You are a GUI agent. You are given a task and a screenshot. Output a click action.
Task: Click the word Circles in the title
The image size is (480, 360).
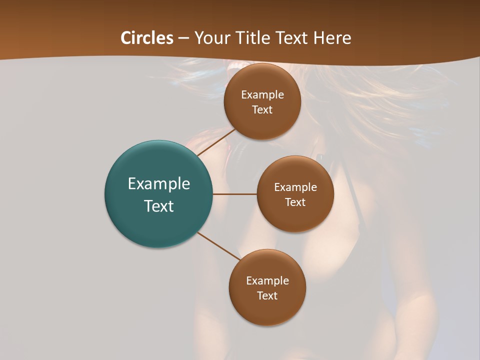[x=146, y=38]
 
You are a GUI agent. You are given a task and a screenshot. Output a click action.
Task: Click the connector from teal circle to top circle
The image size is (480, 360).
[x=216, y=142]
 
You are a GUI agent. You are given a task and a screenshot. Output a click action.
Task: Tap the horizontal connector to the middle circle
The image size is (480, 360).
[x=234, y=194]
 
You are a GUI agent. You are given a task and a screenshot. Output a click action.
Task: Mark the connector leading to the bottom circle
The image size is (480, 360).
[x=218, y=246]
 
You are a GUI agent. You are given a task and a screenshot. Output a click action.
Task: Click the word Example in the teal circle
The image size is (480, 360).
[x=159, y=184]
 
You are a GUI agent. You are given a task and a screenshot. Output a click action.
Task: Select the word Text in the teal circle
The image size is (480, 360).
[x=159, y=206]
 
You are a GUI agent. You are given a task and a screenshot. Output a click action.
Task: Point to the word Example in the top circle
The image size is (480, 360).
[x=262, y=95]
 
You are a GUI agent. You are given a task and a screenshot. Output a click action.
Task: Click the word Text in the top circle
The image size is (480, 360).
[x=262, y=110]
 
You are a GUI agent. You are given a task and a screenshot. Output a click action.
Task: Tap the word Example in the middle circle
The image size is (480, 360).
[x=295, y=187]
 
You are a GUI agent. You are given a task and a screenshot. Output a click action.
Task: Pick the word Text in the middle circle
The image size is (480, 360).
[x=295, y=202]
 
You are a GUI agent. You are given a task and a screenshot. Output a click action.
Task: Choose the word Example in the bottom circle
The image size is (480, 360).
[x=267, y=281]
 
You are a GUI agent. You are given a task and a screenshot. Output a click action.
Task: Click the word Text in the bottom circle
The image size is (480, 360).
[x=267, y=296]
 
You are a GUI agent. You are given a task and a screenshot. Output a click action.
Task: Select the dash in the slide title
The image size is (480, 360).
[x=183, y=38]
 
